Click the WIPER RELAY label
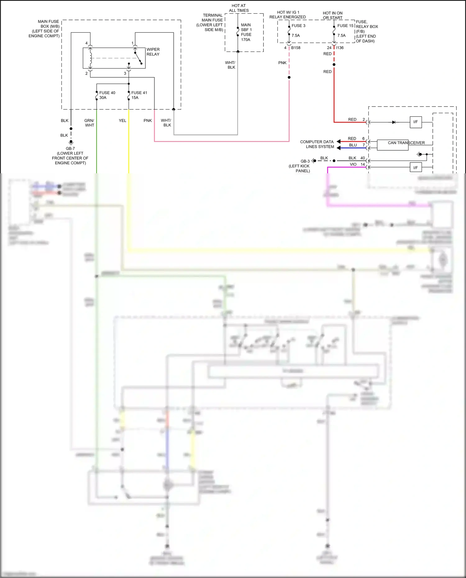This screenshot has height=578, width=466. pos(153,52)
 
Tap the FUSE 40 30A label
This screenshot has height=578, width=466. pos(107,95)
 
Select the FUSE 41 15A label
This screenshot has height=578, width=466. pos(139,95)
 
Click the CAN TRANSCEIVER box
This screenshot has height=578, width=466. pos(393,145)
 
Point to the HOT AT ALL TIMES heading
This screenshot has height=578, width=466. pos(239,8)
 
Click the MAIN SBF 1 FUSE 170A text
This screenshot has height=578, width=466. pos(246,32)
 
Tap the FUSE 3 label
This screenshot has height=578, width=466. pos(298,26)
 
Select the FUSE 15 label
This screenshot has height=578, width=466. pos(345,26)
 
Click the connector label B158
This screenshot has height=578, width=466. pos(295,48)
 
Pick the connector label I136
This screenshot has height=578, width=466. pos(340,48)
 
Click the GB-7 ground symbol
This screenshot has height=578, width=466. pos(71,142)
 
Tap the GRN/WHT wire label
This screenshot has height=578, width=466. pos(89,123)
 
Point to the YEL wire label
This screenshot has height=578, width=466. pos(122,121)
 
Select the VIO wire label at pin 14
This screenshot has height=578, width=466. pos(353,164)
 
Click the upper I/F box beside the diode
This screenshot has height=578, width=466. pos(415,122)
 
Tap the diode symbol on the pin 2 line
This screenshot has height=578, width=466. pos(394,122)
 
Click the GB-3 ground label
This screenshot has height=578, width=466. pos(305,161)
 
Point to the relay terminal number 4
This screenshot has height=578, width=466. pos(86,43)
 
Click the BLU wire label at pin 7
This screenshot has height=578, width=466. pos(353,145)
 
